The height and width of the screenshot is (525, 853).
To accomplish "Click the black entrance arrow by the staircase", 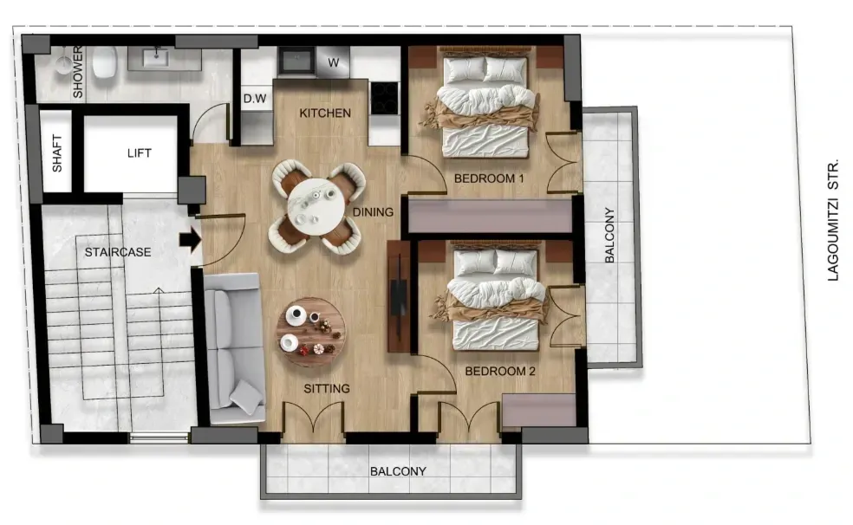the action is pyautogui.click(x=191, y=240).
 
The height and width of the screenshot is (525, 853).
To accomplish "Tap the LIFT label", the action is pyautogui.click(x=140, y=153).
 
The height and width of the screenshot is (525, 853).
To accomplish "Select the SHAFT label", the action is pyautogui.click(x=57, y=154).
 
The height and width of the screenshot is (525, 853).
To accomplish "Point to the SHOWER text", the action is pyautogui.click(x=78, y=72).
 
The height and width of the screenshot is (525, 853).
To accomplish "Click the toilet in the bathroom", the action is pyautogui.click(x=104, y=62).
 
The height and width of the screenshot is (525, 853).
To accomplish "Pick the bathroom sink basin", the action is pyautogui.click(x=156, y=57).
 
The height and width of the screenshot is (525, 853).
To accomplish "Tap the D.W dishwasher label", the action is pyautogui.click(x=255, y=99).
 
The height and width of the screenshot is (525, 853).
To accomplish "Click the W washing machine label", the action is pyautogui.click(x=334, y=62).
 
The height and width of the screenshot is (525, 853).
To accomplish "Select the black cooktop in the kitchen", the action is pyautogui.click(x=385, y=98).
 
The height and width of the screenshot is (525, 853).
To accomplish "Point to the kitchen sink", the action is pyautogui.click(x=296, y=61).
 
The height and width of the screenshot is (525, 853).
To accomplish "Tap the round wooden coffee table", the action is pyautogui.click(x=310, y=333).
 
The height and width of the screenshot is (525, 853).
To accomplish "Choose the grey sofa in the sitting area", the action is pyautogui.click(x=234, y=348).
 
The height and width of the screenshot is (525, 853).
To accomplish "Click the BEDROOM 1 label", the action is pyautogui.click(x=489, y=178).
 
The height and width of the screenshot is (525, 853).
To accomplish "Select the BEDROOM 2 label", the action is pyautogui.click(x=500, y=371).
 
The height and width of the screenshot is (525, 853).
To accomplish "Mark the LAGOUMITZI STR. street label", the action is pyautogui.click(x=833, y=220).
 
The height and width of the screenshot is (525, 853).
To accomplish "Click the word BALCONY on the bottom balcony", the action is pyautogui.click(x=398, y=471).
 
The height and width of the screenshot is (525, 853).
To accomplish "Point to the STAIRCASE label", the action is pyautogui.click(x=118, y=252).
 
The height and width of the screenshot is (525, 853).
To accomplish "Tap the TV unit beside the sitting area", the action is pyautogui.click(x=399, y=296).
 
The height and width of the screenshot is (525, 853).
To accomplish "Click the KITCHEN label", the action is pyautogui.click(x=325, y=113).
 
